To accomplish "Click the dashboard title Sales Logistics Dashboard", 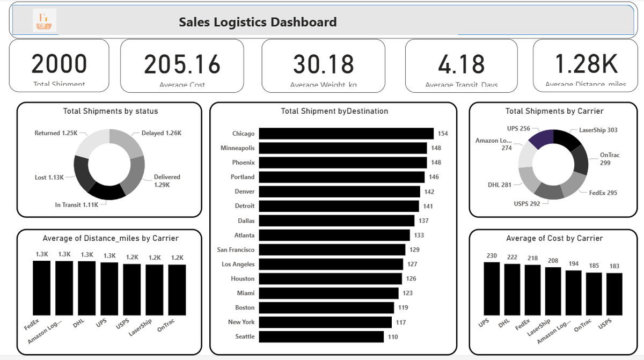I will coord(258,22).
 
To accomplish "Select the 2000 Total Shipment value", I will coord(59,63).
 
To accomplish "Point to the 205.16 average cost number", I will coord(182,64).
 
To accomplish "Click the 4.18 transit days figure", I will coord(461,64).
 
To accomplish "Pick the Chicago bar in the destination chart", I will coord(346,133).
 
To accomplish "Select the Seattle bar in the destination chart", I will coord(321,336).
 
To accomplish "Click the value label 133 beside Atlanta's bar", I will coord(419,235).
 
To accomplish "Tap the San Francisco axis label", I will coord(236,249).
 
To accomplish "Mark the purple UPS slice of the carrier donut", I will coord(541,138).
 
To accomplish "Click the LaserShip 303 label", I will coord(598,130).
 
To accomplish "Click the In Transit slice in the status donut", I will coord(106,190).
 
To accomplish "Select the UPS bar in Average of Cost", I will coord(492,288).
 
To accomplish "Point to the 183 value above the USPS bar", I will coord(614,266).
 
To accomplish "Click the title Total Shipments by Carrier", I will coord(554,111).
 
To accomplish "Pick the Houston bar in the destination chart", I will coord(330,278).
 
